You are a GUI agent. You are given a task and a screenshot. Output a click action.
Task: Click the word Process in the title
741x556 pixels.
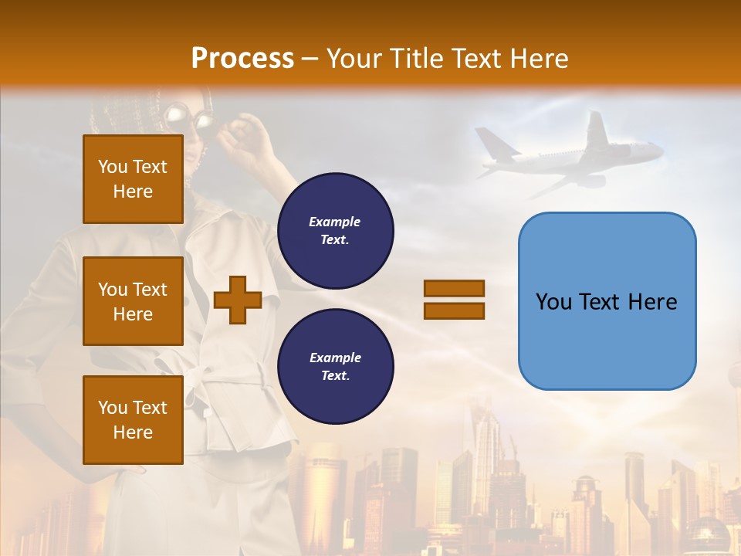point(242,59)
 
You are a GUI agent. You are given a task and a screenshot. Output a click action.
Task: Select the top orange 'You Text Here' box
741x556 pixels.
point(133,179)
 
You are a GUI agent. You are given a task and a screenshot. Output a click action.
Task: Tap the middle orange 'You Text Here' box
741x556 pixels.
point(133,301)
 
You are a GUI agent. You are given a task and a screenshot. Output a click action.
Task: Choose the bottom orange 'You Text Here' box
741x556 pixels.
point(133,419)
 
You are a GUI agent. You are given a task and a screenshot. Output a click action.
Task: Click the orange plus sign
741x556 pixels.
point(238,300)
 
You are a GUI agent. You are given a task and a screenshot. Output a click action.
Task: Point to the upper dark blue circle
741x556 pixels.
point(335,230)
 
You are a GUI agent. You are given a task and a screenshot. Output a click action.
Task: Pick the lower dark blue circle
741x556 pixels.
point(335,366)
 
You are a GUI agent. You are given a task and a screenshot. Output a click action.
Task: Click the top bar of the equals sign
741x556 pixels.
point(454,289)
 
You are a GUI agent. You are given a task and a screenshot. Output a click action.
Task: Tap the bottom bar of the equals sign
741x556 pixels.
point(454,310)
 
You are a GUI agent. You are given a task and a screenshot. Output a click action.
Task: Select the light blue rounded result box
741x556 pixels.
point(607,301)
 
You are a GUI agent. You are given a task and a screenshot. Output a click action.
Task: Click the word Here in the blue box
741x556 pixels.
point(652,302)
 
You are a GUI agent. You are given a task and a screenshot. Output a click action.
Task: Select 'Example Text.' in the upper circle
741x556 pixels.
point(335,230)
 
